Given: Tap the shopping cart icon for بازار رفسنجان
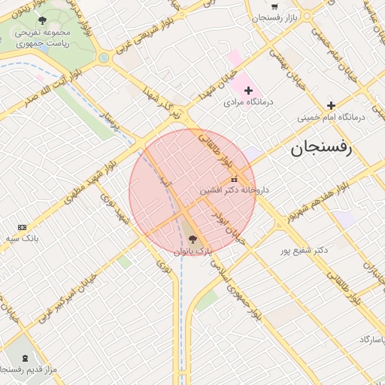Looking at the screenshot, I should coord(274,5).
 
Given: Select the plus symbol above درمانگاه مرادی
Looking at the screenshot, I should coord(249,90).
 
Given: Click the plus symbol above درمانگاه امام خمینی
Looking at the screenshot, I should coord(330,105).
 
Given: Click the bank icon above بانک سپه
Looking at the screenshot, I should coord(21,227).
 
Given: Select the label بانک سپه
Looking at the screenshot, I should coord(21,238).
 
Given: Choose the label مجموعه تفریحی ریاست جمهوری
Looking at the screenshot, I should coord(45,38).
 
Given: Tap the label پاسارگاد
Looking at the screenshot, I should coord(368,340).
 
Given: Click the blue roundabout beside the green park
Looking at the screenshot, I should coord(103,57).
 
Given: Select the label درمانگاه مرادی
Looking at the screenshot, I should coord(250,102).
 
